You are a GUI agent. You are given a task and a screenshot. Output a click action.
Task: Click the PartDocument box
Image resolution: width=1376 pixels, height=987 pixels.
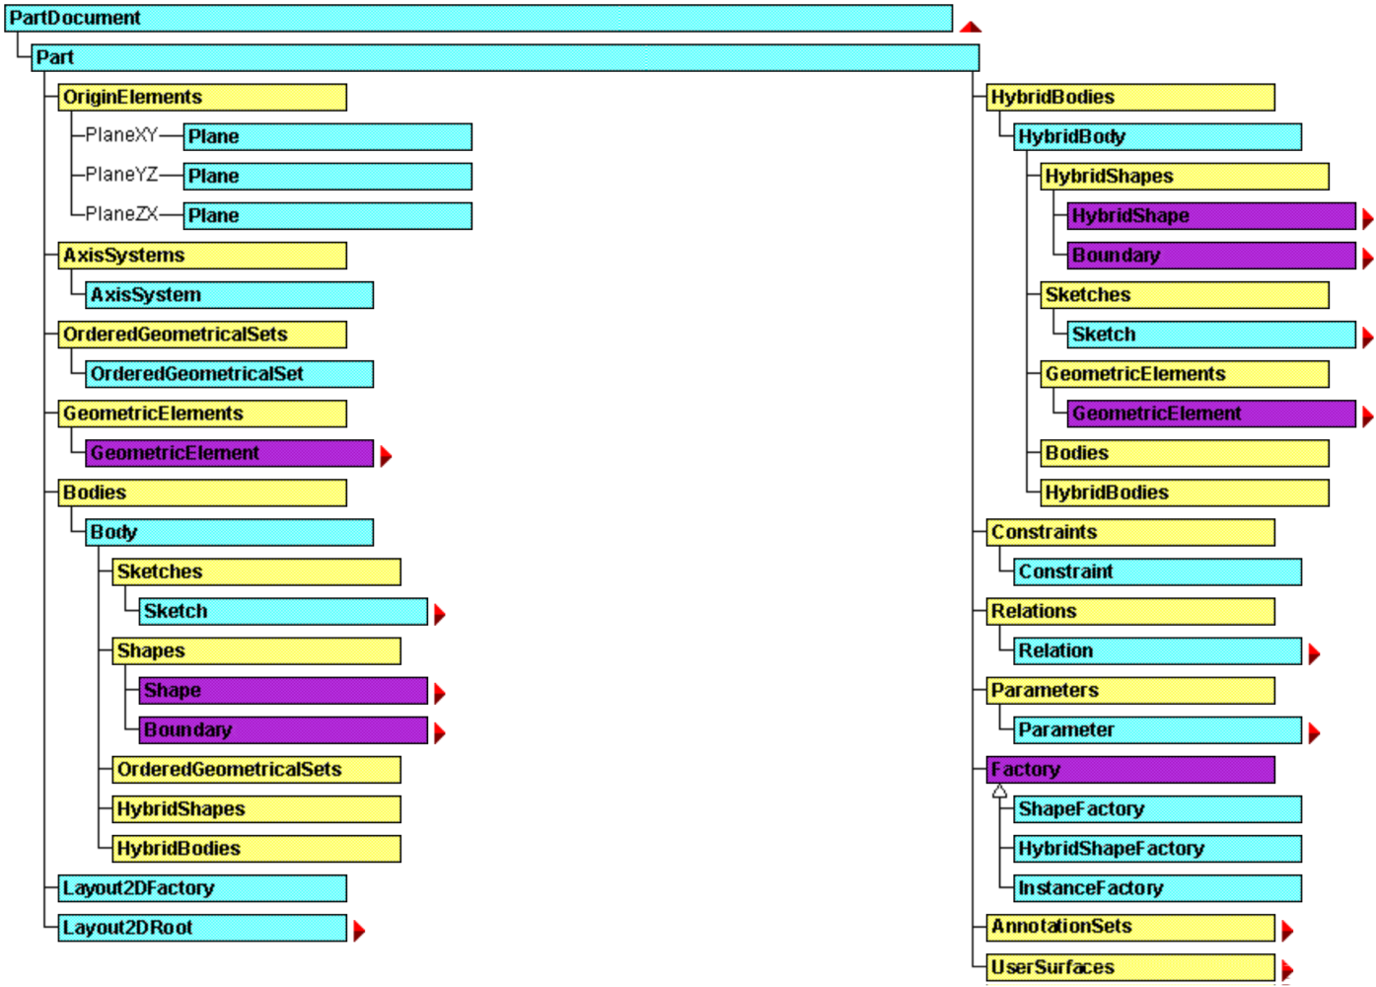click(x=478, y=18)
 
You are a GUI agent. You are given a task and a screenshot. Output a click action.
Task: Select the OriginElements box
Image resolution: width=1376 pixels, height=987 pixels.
click(x=202, y=97)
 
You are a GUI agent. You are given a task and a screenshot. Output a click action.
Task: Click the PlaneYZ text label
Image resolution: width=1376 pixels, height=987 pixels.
click(x=121, y=175)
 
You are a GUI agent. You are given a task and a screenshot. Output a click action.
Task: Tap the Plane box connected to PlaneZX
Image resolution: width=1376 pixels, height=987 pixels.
click(x=327, y=215)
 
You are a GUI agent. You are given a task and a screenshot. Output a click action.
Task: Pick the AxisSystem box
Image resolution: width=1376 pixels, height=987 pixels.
click(x=229, y=294)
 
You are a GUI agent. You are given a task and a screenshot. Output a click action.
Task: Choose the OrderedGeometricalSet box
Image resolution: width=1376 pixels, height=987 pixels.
click(x=229, y=373)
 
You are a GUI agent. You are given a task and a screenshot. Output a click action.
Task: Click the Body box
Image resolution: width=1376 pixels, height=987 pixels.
click(x=229, y=532)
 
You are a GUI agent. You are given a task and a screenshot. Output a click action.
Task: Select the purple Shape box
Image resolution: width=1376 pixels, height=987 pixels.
click(x=283, y=690)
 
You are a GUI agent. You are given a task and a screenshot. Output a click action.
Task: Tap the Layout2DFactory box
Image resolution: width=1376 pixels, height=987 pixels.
click(x=202, y=887)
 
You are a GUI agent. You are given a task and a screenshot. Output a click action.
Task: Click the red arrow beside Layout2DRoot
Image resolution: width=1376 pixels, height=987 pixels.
click(x=359, y=930)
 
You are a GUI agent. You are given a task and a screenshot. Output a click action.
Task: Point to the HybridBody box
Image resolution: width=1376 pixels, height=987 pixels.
click(x=1157, y=136)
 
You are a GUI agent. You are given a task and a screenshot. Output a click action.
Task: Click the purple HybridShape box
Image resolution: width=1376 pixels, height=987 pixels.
click(x=1211, y=215)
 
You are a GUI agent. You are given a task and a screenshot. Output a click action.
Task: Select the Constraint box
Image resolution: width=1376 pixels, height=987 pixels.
click(x=1157, y=571)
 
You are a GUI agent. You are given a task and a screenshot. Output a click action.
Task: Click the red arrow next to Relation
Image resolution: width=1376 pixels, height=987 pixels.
click(x=1314, y=653)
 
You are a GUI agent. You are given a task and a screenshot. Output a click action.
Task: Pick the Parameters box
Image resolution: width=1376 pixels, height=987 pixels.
click(x=1130, y=690)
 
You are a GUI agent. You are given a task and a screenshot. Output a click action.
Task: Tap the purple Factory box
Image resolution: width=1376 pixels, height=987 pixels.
click(x=1130, y=769)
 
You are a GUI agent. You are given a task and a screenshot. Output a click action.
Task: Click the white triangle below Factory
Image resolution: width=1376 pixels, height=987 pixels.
click(x=999, y=791)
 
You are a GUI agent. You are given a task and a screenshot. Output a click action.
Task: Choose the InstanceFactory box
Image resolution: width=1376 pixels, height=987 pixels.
click(x=1157, y=887)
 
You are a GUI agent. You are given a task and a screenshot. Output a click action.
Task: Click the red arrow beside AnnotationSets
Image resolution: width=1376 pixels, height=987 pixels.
click(x=1287, y=930)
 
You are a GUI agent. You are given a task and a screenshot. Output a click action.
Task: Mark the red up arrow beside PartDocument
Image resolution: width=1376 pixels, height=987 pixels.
click(x=971, y=27)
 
